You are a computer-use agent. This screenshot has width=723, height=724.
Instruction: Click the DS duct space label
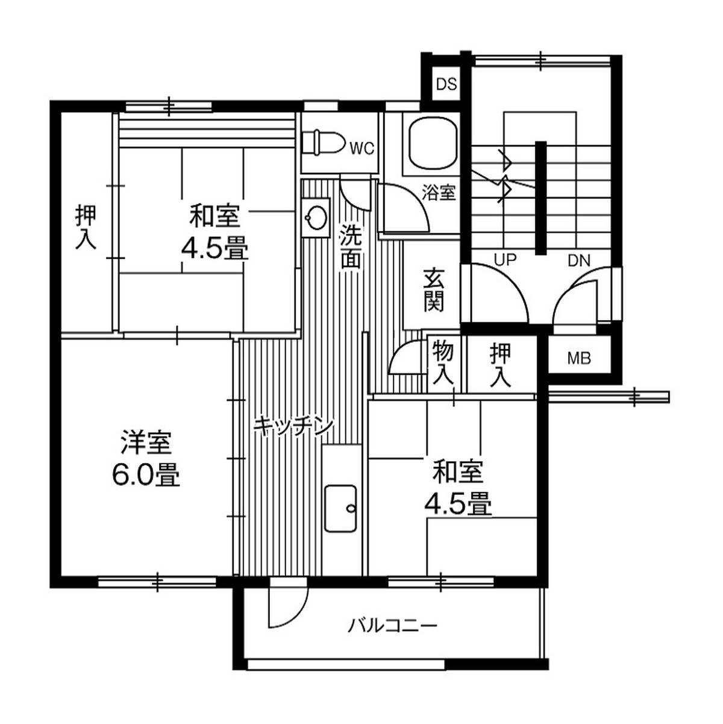click(446, 84)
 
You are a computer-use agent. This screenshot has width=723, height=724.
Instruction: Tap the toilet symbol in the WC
click(324, 142)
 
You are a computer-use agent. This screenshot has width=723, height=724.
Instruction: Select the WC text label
click(362, 149)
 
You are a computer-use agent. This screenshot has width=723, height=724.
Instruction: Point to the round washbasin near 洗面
click(316, 217)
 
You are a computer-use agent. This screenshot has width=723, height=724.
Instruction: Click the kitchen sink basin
click(340, 509)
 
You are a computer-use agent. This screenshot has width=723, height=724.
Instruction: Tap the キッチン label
click(293, 427)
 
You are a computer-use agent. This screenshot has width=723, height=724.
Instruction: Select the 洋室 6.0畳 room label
click(146, 460)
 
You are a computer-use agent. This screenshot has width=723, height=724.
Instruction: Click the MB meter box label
click(579, 359)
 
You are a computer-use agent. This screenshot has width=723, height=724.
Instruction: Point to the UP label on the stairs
click(505, 260)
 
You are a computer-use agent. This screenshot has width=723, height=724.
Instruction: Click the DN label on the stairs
click(579, 261)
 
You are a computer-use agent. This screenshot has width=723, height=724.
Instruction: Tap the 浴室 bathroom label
click(439, 193)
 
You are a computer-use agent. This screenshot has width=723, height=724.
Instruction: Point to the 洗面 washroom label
click(351, 247)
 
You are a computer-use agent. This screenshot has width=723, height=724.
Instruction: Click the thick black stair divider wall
click(541, 198)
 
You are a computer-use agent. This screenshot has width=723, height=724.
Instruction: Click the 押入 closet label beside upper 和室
click(86, 227)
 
